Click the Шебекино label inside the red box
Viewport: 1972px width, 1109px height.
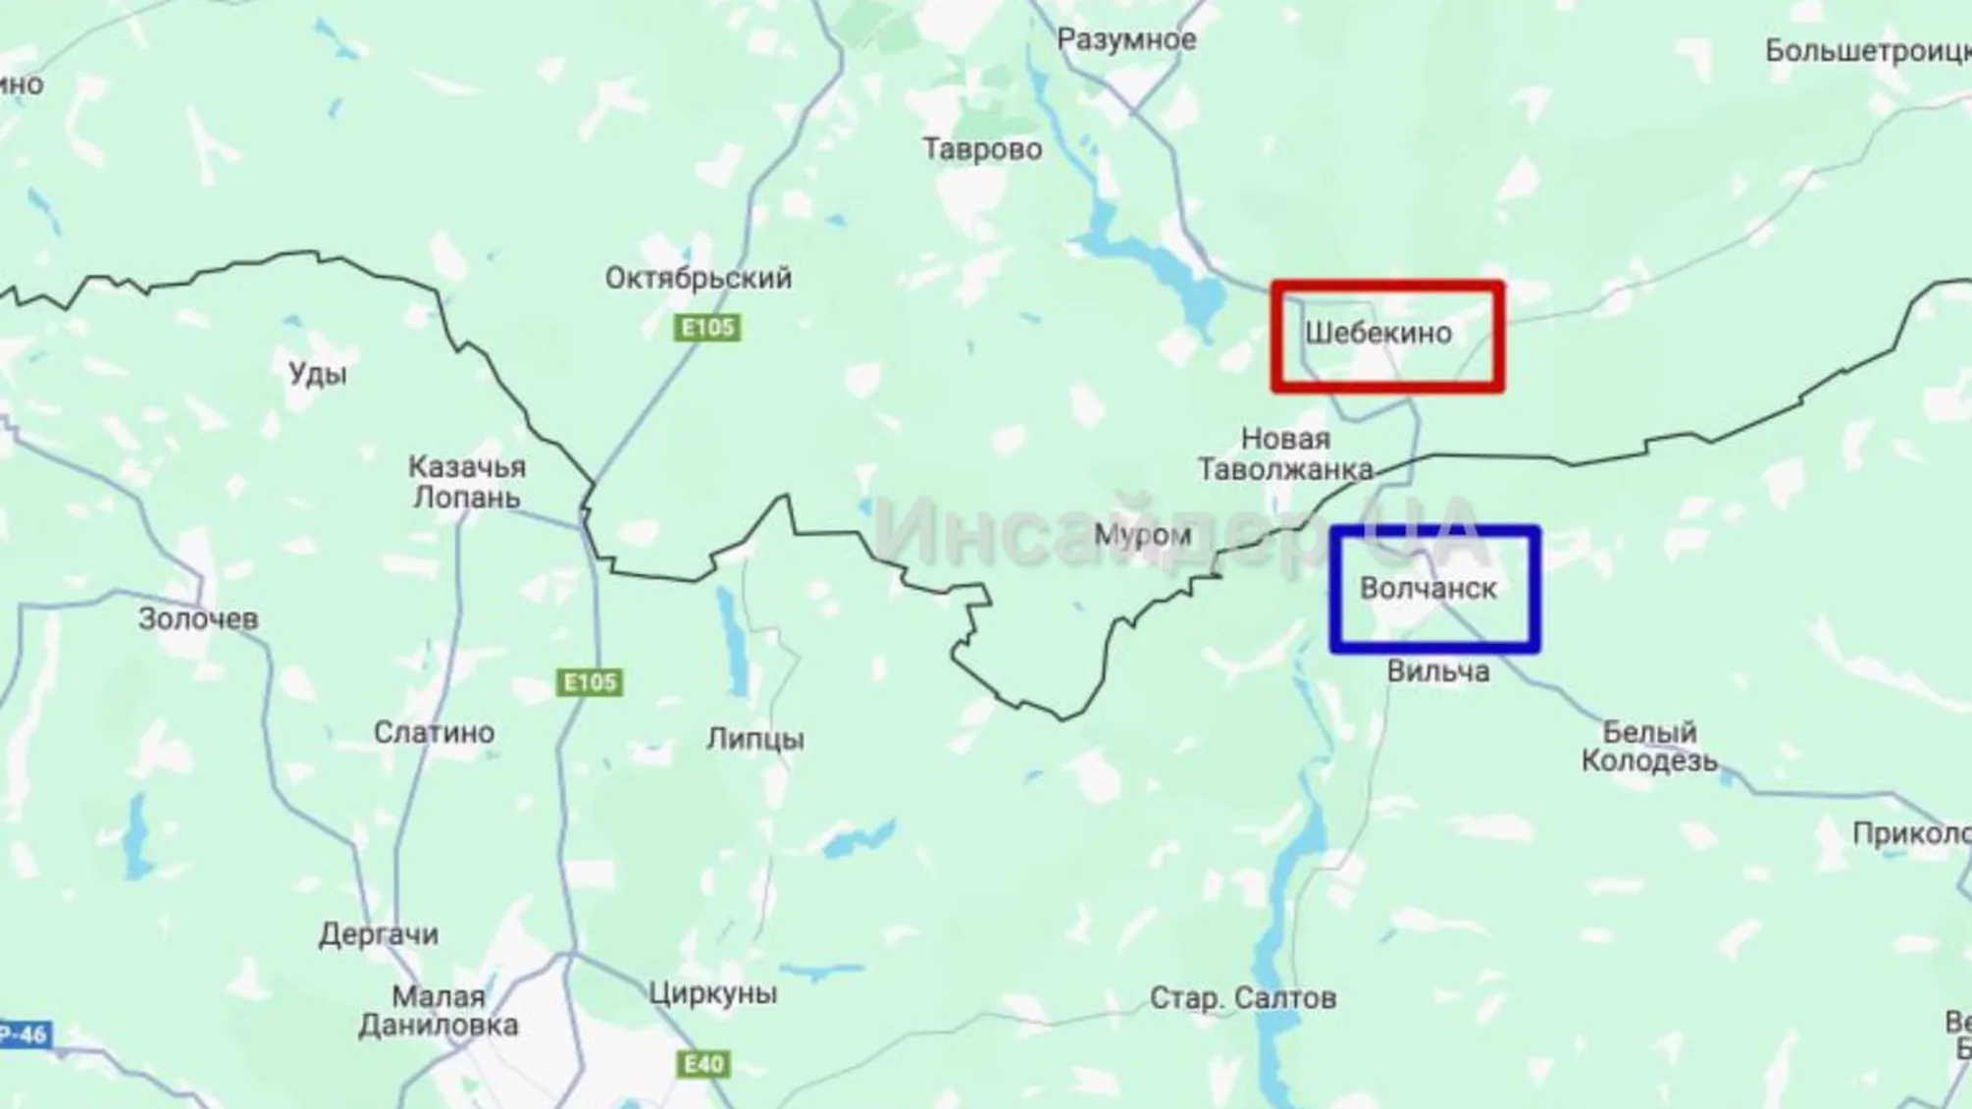coord(1377,333)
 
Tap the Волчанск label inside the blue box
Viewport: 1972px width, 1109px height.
coord(1427,589)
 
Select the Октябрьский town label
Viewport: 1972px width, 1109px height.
coord(698,279)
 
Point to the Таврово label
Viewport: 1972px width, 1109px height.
coord(982,149)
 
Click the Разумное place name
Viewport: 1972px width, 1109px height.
coord(1126,40)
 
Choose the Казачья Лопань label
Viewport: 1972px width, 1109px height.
coord(467,482)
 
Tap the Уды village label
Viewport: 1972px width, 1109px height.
coord(318,374)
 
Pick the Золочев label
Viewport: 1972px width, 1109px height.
coord(198,619)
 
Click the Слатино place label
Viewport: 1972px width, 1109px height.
coord(434,732)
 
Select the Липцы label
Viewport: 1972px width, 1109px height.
coord(755,738)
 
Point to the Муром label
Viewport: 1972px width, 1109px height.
coord(1142,536)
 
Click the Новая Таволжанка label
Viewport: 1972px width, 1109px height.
coord(1285,454)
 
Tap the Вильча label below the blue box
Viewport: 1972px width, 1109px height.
coord(1438,671)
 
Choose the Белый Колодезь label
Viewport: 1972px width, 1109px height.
coord(1649,746)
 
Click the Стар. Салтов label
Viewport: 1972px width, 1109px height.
coord(1242,998)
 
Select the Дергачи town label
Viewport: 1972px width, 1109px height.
coord(378,934)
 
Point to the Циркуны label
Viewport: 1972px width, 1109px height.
coord(712,993)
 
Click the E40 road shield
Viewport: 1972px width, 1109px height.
coord(703,1064)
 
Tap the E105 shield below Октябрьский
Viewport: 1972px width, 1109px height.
coord(707,327)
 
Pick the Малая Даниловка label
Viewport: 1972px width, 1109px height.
coord(439,1011)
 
